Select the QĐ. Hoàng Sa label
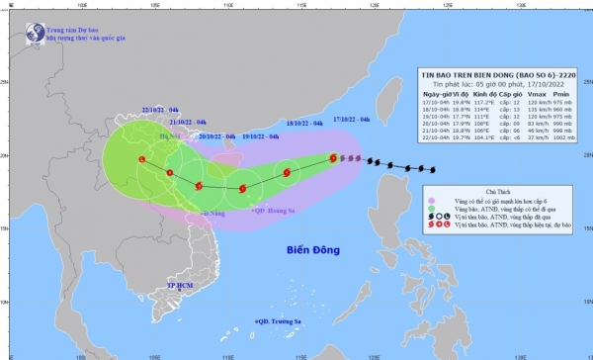[x=274, y=211]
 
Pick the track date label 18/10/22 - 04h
[x=304, y=125]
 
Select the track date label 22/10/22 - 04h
[x=159, y=110]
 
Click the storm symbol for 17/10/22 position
[x=333, y=156]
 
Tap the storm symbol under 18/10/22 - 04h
[x=287, y=173]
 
